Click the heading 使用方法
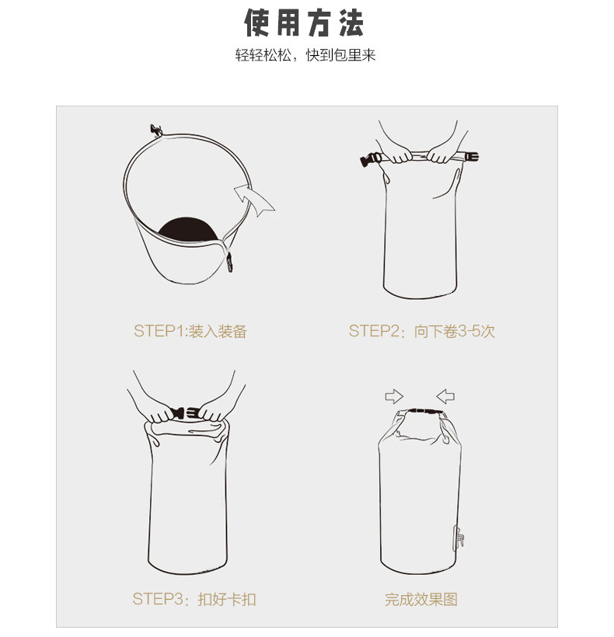coord(305,24)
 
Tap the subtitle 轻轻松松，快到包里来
coord(305,57)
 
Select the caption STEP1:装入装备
coord(190,331)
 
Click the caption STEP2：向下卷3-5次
coord(421,331)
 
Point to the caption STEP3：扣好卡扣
coord(194,599)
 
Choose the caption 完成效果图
coord(421,599)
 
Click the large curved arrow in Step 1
coord(255,201)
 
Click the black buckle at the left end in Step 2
coord(369,161)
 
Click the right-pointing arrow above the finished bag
coord(395,396)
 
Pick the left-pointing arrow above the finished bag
coord(445,396)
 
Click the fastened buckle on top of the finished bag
coord(420,412)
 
